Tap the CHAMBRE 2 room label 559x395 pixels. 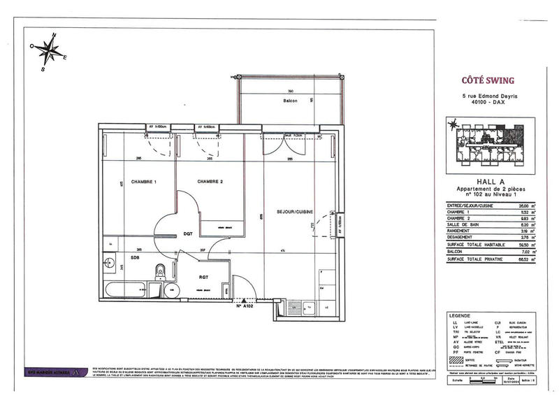pos(210,182)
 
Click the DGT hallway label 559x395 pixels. pos(188,234)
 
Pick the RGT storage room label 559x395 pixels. pos(204,278)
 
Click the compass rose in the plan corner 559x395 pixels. pos(48,52)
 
